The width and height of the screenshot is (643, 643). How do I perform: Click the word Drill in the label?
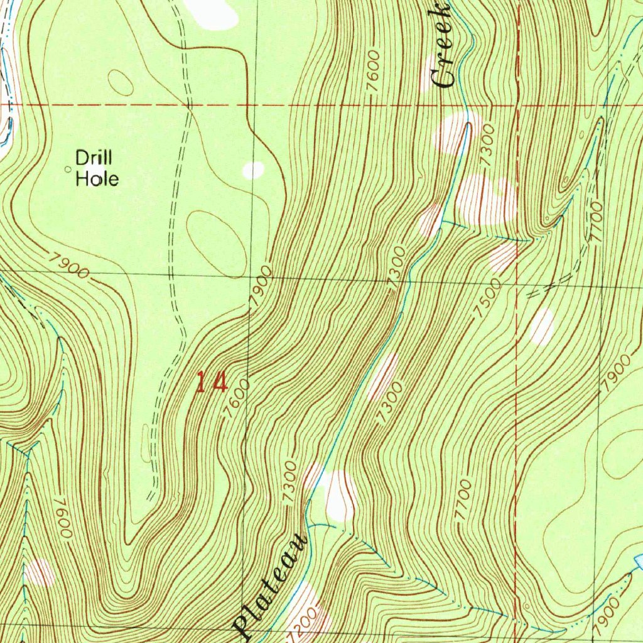click(94, 157)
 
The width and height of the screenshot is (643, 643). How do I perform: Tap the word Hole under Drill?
click(97, 179)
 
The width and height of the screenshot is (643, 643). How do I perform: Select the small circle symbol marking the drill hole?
click(68, 168)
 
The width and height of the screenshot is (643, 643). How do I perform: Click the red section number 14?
click(211, 382)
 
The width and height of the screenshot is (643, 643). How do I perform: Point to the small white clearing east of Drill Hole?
click(254, 170)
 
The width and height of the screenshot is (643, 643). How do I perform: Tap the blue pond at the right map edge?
click(638, 560)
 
